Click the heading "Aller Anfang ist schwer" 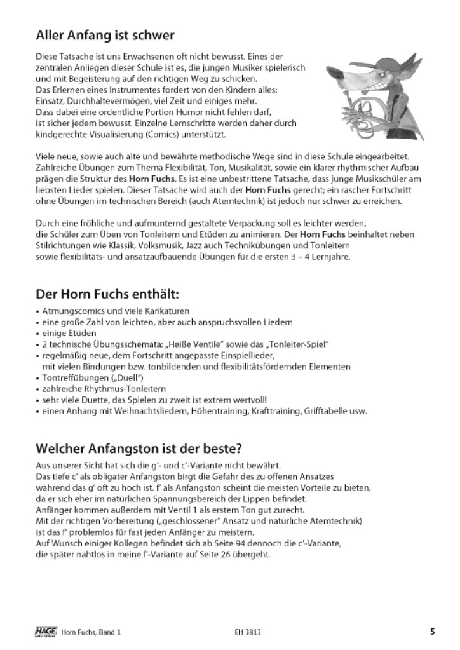[105, 35]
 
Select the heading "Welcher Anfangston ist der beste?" [143, 448]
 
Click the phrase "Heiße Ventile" [194, 344]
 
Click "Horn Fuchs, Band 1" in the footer [91, 632]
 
